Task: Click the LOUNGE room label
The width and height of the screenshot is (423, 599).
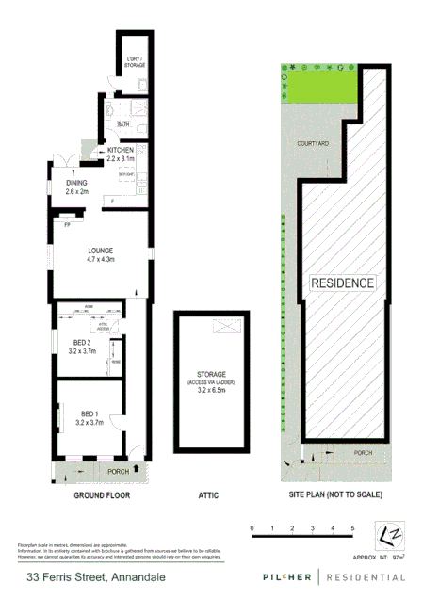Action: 100,250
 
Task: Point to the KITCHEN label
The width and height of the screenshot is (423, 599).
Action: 122,151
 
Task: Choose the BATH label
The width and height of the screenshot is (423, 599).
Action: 123,125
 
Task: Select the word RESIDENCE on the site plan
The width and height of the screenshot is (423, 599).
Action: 343,283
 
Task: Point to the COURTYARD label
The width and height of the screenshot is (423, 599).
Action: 312,143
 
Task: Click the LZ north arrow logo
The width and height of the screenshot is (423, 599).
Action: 390,534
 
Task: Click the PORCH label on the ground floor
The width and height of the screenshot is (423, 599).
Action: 118,472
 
